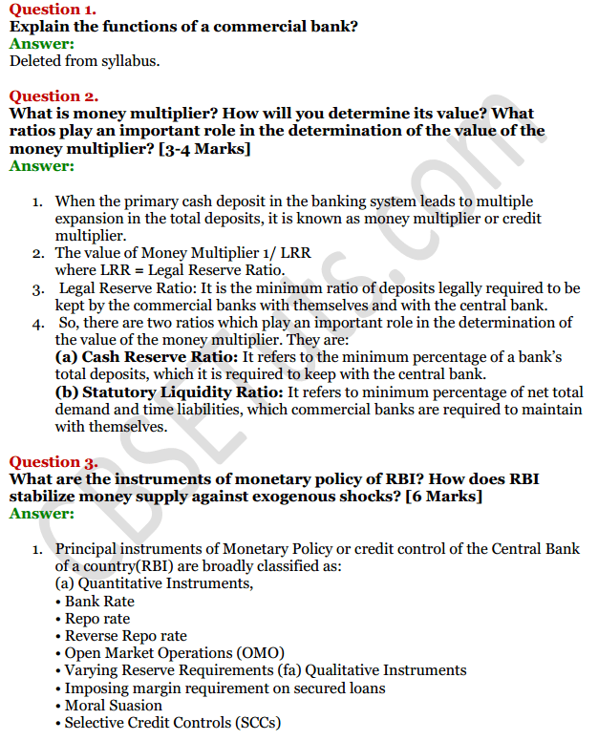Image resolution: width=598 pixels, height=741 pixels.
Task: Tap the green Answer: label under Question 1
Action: tap(41, 44)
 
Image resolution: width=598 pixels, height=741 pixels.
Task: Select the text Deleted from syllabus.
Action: tap(85, 61)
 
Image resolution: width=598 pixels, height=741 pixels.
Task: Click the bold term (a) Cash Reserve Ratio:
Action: tap(145, 357)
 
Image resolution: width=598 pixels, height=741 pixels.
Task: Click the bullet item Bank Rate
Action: tap(99, 602)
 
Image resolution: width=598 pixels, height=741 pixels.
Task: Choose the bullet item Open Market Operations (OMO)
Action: tap(175, 653)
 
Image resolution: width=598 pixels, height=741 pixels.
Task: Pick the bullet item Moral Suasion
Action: tap(113, 706)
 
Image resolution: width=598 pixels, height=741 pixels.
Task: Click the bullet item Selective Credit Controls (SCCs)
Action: tap(172, 723)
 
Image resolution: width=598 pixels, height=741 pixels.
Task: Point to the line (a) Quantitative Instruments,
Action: tap(154, 583)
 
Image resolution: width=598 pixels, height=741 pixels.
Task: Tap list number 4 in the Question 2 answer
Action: tap(37, 323)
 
